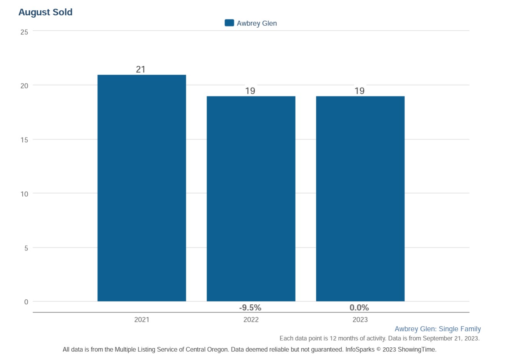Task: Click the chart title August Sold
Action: pos(45,12)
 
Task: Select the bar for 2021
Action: pos(142,188)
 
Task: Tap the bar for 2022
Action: pos(251,199)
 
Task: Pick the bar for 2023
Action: pos(360,199)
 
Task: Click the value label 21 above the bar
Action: pos(141,70)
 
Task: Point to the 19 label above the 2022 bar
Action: pos(250,91)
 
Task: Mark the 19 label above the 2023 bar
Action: pos(359,91)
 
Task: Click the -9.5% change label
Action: pos(250,308)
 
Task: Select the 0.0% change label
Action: pos(359,308)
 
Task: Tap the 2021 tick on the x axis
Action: pos(142,320)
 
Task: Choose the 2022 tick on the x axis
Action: pos(251,320)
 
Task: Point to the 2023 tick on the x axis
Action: pos(360,320)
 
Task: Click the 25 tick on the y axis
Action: pos(24,32)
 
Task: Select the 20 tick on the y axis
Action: pos(24,86)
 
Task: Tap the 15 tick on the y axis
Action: pos(24,140)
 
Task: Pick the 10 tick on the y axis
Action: pos(24,194)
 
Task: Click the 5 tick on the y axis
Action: pos(26,249)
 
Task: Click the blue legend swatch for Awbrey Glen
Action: pos(229,23)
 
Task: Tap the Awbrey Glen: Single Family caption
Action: pos(438,329)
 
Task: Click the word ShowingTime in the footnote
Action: pos(417,350)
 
